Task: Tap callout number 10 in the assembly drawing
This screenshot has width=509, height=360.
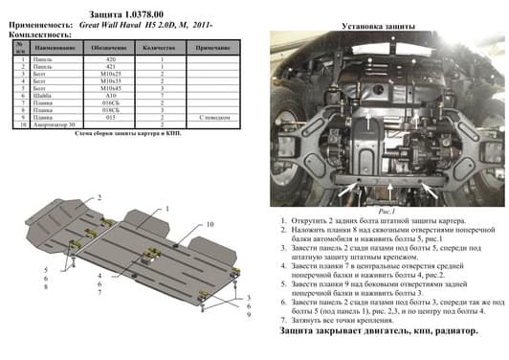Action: click(210, 224)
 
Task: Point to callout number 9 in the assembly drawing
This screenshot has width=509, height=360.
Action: click(248, 316)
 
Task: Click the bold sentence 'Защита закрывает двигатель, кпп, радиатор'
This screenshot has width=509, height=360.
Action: click(378, 330)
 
